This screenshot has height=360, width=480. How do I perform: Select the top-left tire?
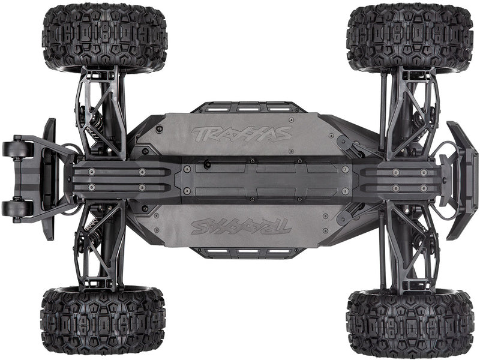coord(104,38)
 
